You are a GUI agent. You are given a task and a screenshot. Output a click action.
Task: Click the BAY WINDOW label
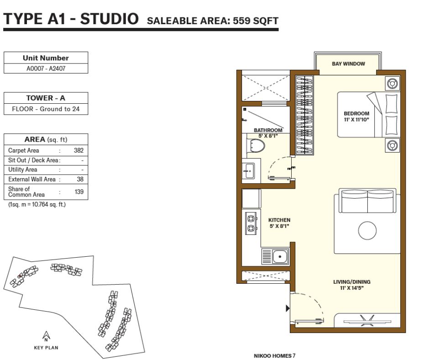[348, 64]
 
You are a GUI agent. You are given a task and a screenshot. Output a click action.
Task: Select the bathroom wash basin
[249, 171]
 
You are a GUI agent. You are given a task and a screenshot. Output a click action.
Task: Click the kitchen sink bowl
[280, 257]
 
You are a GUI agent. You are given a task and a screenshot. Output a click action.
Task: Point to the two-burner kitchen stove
[251, 223]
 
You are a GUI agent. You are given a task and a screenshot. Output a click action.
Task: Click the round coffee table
[367, 230]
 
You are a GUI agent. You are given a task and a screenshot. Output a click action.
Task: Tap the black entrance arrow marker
[288, 308]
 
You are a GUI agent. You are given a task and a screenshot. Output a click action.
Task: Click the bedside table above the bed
[392, 84]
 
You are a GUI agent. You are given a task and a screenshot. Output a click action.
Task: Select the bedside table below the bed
[392, 145]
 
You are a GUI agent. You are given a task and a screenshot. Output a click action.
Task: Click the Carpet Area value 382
[78, 150]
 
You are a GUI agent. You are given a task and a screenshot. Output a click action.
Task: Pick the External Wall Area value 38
[80, 179]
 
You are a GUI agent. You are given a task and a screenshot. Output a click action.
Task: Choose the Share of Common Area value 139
[79, 192]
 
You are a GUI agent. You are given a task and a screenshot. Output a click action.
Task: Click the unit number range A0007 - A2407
[46, 69]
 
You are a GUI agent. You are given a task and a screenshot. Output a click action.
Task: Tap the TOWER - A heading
[46, 98]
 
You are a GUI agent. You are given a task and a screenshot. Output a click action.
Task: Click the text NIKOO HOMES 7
[274, 356]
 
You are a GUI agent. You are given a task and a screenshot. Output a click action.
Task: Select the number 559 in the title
[241, 21]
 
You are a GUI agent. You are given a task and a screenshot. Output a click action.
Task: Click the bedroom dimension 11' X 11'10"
[356, 119]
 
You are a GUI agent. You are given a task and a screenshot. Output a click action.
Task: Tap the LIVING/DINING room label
[351, 282]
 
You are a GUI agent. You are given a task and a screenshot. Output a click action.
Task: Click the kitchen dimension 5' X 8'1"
[279, 226]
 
